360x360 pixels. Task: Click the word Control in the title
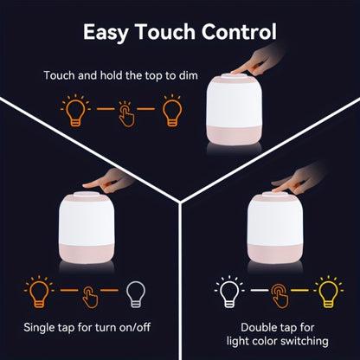(235, 33)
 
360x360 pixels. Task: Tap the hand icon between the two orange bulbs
(126, 112)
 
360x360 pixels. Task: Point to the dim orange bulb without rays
(173, 112)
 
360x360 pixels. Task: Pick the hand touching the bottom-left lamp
(112, 182)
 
